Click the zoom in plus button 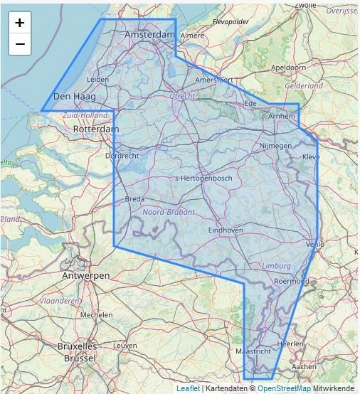tap(19, 23)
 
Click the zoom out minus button tap(19, 44)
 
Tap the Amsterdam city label tap(149, 35)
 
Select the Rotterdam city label tap(96, 129)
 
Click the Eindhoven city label tap(226, 230)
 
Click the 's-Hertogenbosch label tap(203, 178)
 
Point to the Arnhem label tap(282, 117)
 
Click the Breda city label tap(134, 200)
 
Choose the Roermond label tap(292, 281)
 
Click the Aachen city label tap(304, 366)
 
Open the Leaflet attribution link tap(188, 388)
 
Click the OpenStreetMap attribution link tap(284, 388)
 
